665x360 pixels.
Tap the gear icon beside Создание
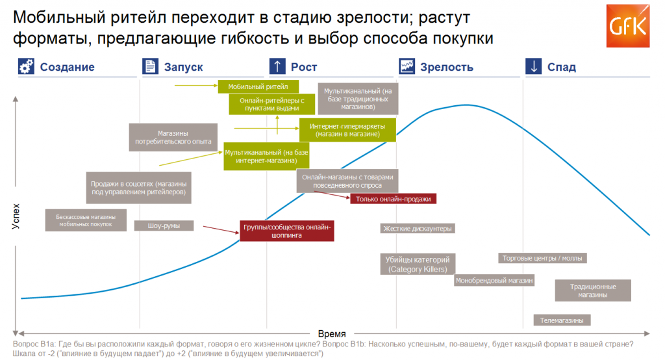25,67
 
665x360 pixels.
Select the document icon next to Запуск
150,67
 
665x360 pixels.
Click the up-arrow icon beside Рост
277,67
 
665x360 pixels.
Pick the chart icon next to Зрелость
407,67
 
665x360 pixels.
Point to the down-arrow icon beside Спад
534,67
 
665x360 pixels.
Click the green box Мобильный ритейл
258,86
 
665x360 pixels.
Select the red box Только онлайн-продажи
394,199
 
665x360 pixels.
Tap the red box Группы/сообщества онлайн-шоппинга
287,231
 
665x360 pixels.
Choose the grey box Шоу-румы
164,226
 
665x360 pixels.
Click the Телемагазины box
562,320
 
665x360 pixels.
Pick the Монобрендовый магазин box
494,281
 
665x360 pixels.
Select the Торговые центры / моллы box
543,258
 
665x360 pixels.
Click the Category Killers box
418,264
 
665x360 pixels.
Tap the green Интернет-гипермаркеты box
347,130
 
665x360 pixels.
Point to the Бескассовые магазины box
86,220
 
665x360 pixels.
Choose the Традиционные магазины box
593,290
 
